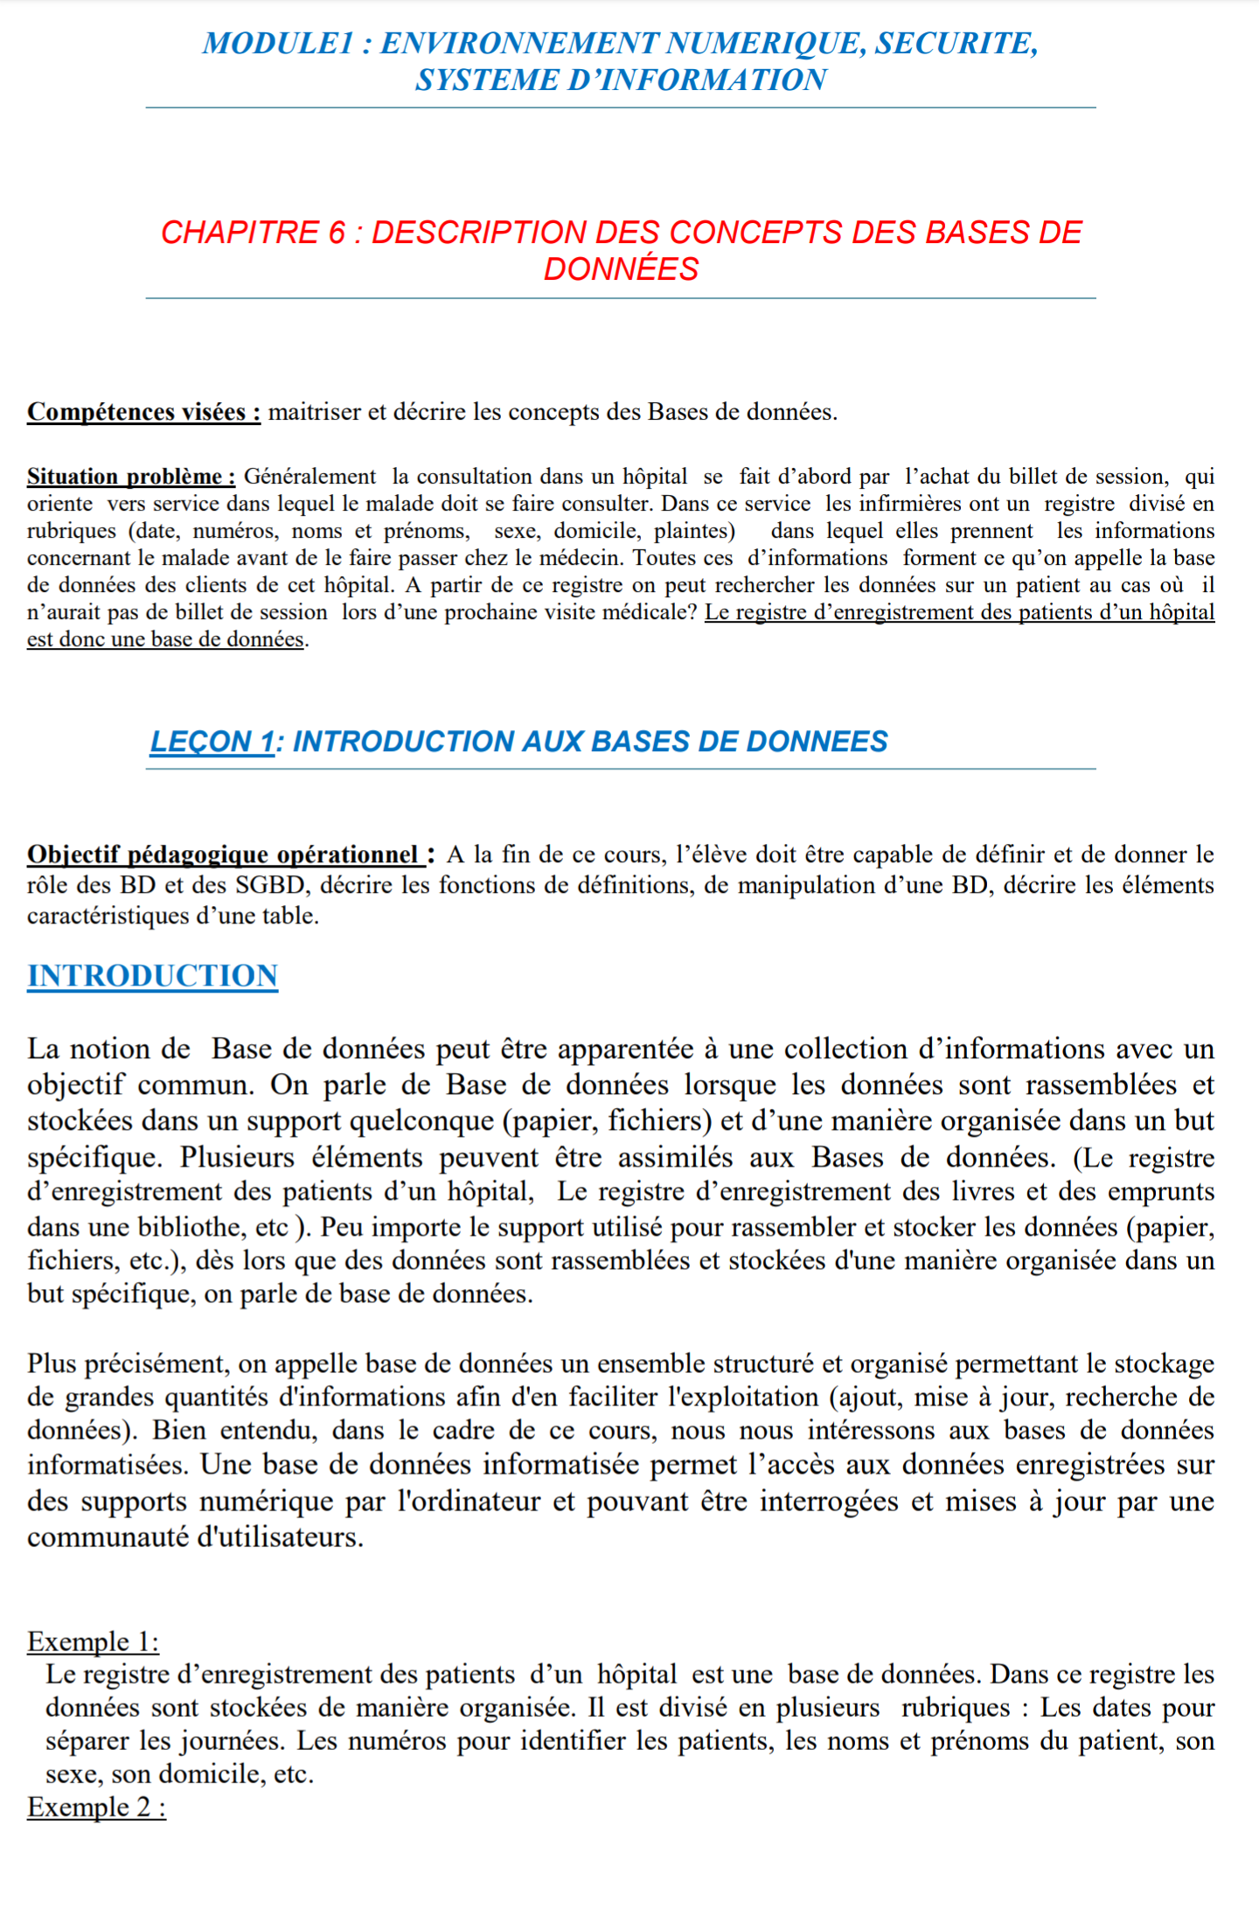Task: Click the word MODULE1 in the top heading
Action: pyautogui.click(x=278, y=43)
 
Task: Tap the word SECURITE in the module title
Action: pyautogui.click(x=956, y=43)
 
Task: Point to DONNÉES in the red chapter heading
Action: pyautogui.click(x=621, y=269)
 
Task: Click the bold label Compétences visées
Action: pyautogui.click(x=143, y=412)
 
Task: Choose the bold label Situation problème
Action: pyautogui.click(x=131, y=477)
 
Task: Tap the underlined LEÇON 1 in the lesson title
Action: pyautogui.click(x=212, y=742)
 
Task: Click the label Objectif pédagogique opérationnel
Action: pyautogui.click(x=226, y=854)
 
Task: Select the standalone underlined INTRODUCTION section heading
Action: pyautogui.click(x=152, y=976)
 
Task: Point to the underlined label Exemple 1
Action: pyautogui.click(x=93, y=1642)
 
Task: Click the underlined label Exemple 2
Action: pyautogui.click(x=96, y=1807)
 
